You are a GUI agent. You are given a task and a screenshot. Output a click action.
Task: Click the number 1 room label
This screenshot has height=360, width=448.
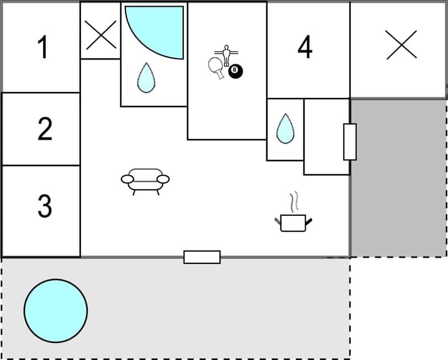[42, 47]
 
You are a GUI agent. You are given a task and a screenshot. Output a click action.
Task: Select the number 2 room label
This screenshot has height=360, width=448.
[45, 128]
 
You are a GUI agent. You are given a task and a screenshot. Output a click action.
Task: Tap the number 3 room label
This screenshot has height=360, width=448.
[45, 206]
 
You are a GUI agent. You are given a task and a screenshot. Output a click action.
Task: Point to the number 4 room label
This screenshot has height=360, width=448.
[305, 47]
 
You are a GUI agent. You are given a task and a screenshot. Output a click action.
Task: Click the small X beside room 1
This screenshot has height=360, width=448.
[101, 35]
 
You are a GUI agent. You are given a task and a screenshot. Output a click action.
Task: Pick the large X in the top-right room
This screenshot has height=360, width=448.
[401, 45]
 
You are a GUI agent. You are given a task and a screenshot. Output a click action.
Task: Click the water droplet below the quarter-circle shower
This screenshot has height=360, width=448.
[146, 77]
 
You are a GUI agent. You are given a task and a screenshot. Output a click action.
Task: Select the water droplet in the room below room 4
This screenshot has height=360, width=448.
[285, 129]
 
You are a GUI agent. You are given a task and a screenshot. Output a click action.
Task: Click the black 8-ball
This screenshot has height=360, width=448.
[236, 71]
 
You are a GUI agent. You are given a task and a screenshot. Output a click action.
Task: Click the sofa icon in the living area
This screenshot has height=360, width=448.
[145, 179]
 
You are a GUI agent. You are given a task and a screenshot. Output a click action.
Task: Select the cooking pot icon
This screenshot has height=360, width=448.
[293, 223]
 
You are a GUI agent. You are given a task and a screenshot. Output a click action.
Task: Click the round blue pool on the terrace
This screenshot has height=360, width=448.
[56, 311]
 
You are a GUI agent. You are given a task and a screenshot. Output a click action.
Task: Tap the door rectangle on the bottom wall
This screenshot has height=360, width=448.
[202, 257]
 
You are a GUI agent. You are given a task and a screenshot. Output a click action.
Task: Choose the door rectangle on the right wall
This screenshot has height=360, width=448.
[350, 142]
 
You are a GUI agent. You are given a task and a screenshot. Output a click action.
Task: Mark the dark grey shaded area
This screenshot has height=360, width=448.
[398, 177]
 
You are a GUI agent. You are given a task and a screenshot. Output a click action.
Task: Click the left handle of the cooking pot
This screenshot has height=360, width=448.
[278, 222]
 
